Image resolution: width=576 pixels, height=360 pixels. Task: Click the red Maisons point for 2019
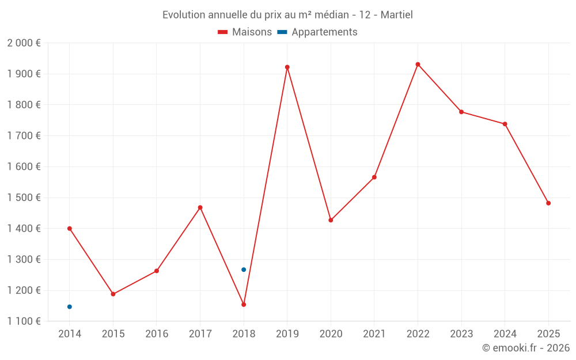pyautogui.click(x=287, y=67)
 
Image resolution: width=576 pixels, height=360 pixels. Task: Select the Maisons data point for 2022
pyautogui.click(x=418, y=65)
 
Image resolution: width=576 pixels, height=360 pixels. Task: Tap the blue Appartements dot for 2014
pyautogui.click(x=70, y=306)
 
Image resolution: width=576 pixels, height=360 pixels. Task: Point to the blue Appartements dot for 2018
pyautogui.click(x=244, y=270)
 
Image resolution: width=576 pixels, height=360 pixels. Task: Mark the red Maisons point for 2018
pyautogui.click(x=244, y=305)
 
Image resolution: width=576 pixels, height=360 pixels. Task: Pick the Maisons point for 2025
pyautogui.click(x=548, y=203)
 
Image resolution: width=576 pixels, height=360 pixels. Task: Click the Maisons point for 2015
pyautogui.click(x=113, y=294)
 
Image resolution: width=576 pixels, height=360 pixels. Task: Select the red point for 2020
pyautogui.click(x=331, y=220)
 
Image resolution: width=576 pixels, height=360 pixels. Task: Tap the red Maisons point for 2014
pyautogui.click(x=70, y=229)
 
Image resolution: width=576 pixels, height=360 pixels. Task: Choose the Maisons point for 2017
pyautogui.click(x=200, y=207)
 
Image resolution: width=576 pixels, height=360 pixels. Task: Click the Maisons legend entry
pyautogui.click(x=245, y=32)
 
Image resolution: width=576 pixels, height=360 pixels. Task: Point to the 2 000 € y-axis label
pyautogui.click(x=24, y=43)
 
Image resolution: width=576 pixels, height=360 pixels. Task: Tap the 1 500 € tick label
pyautogui.click(x=24, y=198)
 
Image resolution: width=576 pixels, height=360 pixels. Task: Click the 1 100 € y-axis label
pyautogui.click(x=24, y=321)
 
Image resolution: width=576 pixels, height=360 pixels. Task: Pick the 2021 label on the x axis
pyautogui.click(x=374, y=334)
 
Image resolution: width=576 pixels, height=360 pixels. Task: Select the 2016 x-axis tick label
pyautogui.click(x=157, y=334)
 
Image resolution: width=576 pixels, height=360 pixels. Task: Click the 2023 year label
pyautogui.click(x=461, y=334)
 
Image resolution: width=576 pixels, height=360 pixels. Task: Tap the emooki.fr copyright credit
pyautogui.click(x=526, y=348)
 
